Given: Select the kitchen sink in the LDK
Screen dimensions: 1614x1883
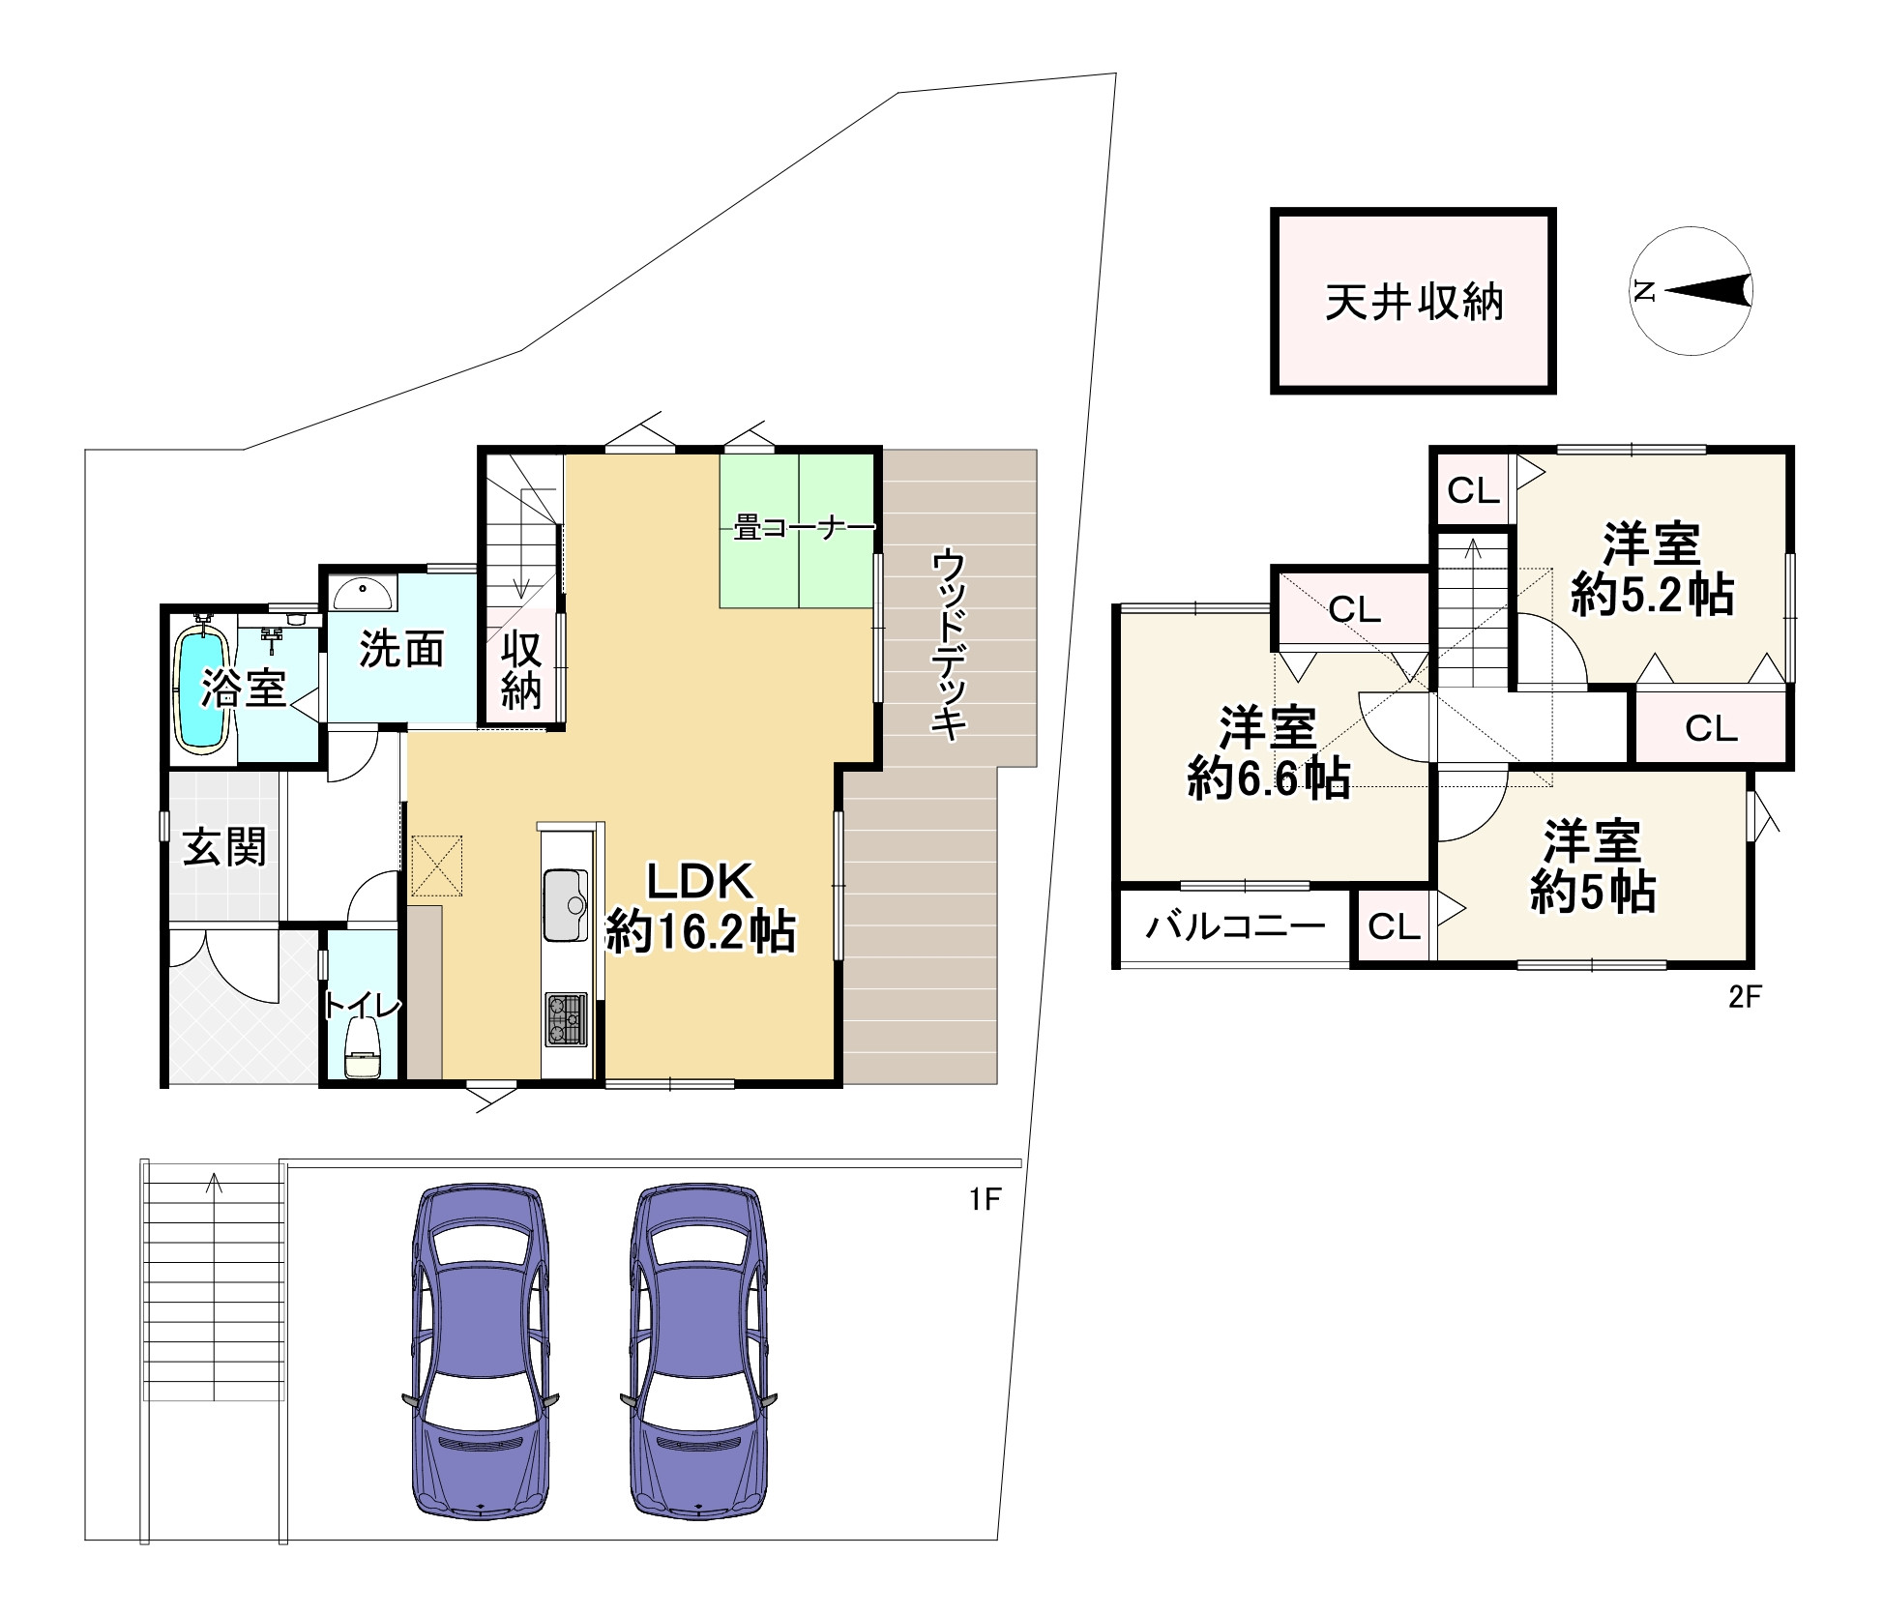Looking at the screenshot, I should coord(566,905).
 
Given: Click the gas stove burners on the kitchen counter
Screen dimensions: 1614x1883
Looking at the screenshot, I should coord(566,1020).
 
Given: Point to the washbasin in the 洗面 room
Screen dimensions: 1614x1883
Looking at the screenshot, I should coord(364,591).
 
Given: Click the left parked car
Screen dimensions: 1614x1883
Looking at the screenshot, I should coord(481,1352).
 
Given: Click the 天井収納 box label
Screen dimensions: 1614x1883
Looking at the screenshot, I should coord(1413,303).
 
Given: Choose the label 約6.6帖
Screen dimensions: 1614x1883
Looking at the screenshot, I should coord(1269,778).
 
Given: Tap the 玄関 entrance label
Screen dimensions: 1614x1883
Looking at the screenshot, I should coord(225,847).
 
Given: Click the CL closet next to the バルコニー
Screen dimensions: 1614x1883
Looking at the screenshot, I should coord(1393,926).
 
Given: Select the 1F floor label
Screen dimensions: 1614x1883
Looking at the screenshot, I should coord(985,1200).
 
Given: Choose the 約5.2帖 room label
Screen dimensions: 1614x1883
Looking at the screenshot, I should coord(1652,595).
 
